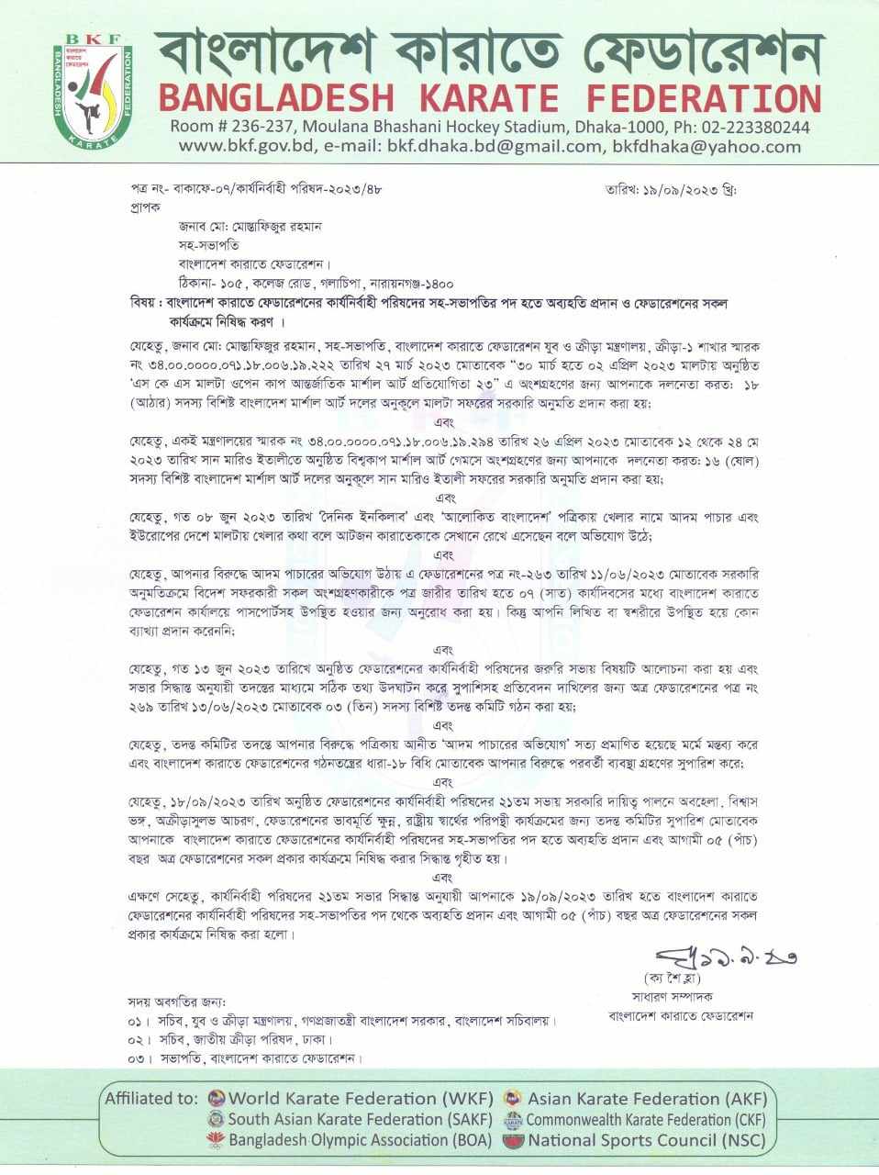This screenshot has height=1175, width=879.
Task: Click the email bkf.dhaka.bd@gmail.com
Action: coord(494,147)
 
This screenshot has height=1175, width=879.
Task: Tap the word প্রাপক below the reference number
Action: coord(145,207)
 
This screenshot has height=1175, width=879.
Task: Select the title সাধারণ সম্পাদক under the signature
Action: coord(672,996)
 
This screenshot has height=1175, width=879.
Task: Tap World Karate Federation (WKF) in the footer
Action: coord(361,1098)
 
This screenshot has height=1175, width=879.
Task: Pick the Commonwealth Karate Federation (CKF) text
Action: coord(645,1120)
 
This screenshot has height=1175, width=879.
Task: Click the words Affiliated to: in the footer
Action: coord(151,1098)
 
